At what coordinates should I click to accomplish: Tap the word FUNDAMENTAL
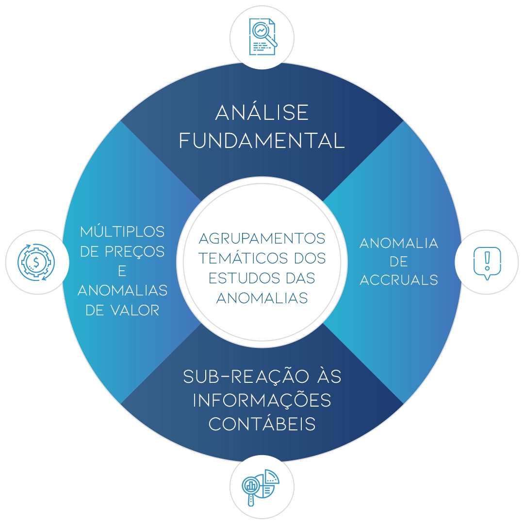(x=262, y=141)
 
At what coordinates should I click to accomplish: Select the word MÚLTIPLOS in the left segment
(x=122, y=231)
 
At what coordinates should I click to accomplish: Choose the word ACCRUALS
(x=399, y=280)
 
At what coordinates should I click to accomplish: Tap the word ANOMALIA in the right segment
(x=399, y=243)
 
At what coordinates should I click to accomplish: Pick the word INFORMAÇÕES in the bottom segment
(x=262, y=401)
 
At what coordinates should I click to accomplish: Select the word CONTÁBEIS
(x=262, y=424)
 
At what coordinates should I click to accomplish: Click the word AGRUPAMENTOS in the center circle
(x=262, y=239)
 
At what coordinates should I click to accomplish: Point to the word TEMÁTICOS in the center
(x=237, y=258)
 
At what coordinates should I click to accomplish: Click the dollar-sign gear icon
(x=36, y=262)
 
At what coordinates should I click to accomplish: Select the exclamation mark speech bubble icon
(x=487, y=262)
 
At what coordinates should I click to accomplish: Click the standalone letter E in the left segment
(x=122, y=271)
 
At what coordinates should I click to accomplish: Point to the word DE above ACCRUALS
(x=399, y=262)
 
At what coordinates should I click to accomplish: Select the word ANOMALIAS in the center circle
(x=262, y=297)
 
